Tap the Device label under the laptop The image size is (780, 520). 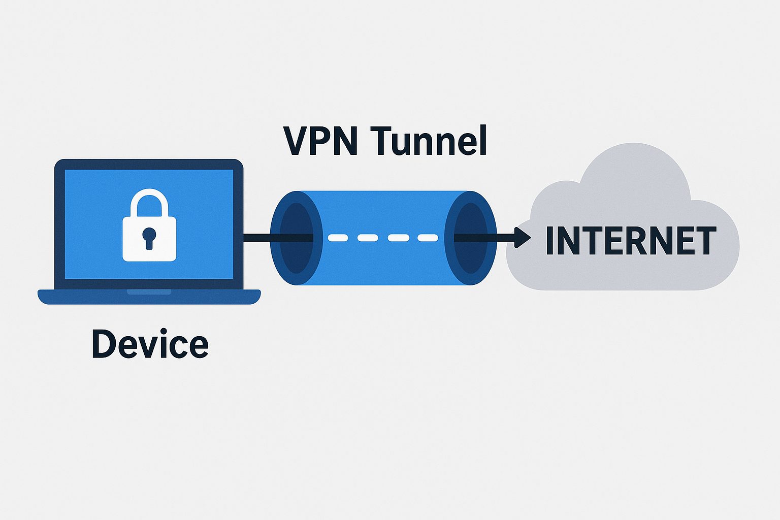pos(150,344)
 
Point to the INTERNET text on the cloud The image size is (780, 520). pos(630,241)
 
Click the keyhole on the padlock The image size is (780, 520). pos(149,237)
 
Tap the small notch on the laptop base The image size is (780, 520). pos(149,292)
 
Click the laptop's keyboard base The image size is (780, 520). pos(149,297)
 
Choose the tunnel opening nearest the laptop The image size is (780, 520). pos(296,238)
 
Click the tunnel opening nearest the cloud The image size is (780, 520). pos(470,238)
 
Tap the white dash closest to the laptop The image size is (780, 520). pos(338,238)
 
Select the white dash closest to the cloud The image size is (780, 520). pos(428,238)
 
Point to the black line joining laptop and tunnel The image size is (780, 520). pos(258,238)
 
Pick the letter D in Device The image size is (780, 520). pos(103,344)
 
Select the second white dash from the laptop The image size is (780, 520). pos(368,238)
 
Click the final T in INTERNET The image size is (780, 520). pos(704,241)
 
